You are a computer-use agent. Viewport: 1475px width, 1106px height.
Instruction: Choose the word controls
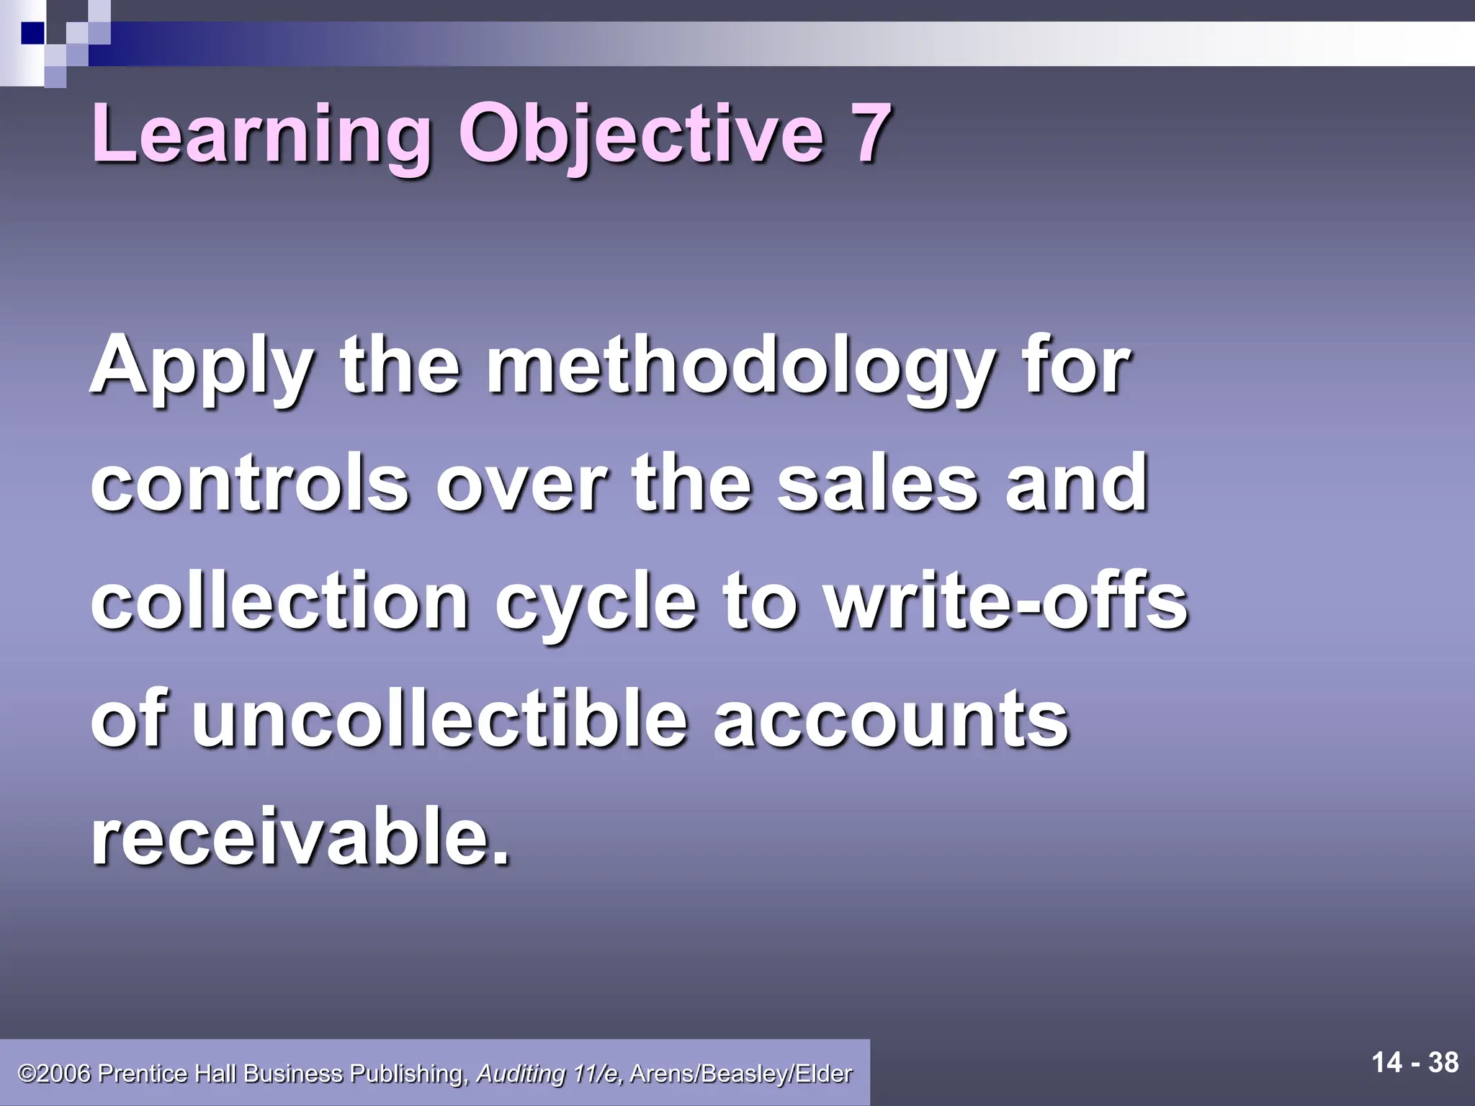[249, 483]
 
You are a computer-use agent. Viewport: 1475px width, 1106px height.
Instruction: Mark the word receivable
[300, 837]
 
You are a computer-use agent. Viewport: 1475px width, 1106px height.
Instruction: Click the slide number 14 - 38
[1415, 1063]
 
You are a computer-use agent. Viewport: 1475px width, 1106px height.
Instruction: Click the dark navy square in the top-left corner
[32, 32]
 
